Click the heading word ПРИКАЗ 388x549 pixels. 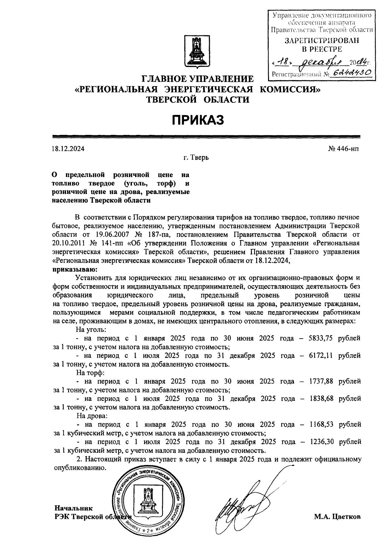tap(197, 120)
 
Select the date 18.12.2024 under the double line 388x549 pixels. tap(68, 149)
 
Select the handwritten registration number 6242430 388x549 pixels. tap(352, 73)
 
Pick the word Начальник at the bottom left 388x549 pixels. tap(74, 508)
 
